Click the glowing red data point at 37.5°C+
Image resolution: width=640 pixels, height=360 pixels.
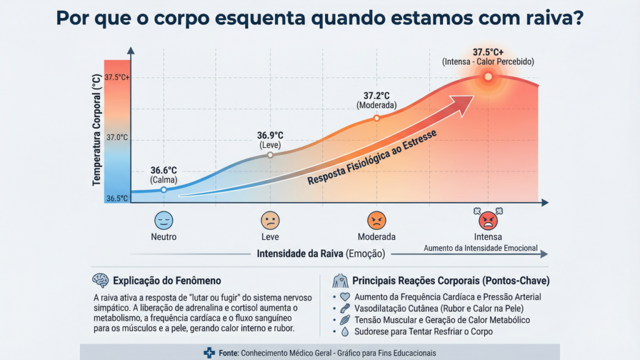(x=488, y=76)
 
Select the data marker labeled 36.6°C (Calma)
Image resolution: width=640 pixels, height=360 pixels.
(x=164, y=189)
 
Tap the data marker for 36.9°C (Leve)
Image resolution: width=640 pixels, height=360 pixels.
(x=270, y=154)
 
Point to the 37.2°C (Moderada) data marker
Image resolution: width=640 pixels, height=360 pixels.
(x=376, y=116)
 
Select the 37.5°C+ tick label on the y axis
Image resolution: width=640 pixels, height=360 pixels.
(x=117, y=77)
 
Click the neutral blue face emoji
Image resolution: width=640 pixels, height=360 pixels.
(x=164, y=220)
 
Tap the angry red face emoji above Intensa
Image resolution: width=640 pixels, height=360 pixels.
(x=488, y=219)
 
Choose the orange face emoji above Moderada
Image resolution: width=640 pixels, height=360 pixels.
(x=376, y=220)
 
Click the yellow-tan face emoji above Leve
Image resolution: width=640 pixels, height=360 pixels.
(x=270, y=220)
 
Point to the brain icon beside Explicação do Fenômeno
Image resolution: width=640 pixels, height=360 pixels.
(x=100, y=281)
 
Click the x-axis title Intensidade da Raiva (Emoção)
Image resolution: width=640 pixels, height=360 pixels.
(x=321, y=254)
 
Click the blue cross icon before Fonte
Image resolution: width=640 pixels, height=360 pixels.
(x=209, y=353)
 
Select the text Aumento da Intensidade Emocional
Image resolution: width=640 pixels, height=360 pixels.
(x=481, y=247)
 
